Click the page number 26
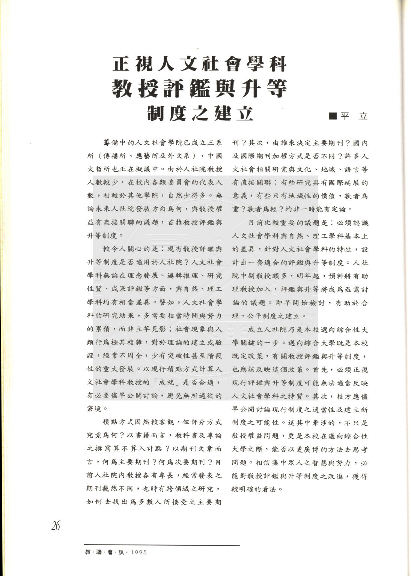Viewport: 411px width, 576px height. click(x=56, y=526)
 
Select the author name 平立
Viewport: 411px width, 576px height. click(x=354, y=116)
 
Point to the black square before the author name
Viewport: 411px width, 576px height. click(x=333, y=116)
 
